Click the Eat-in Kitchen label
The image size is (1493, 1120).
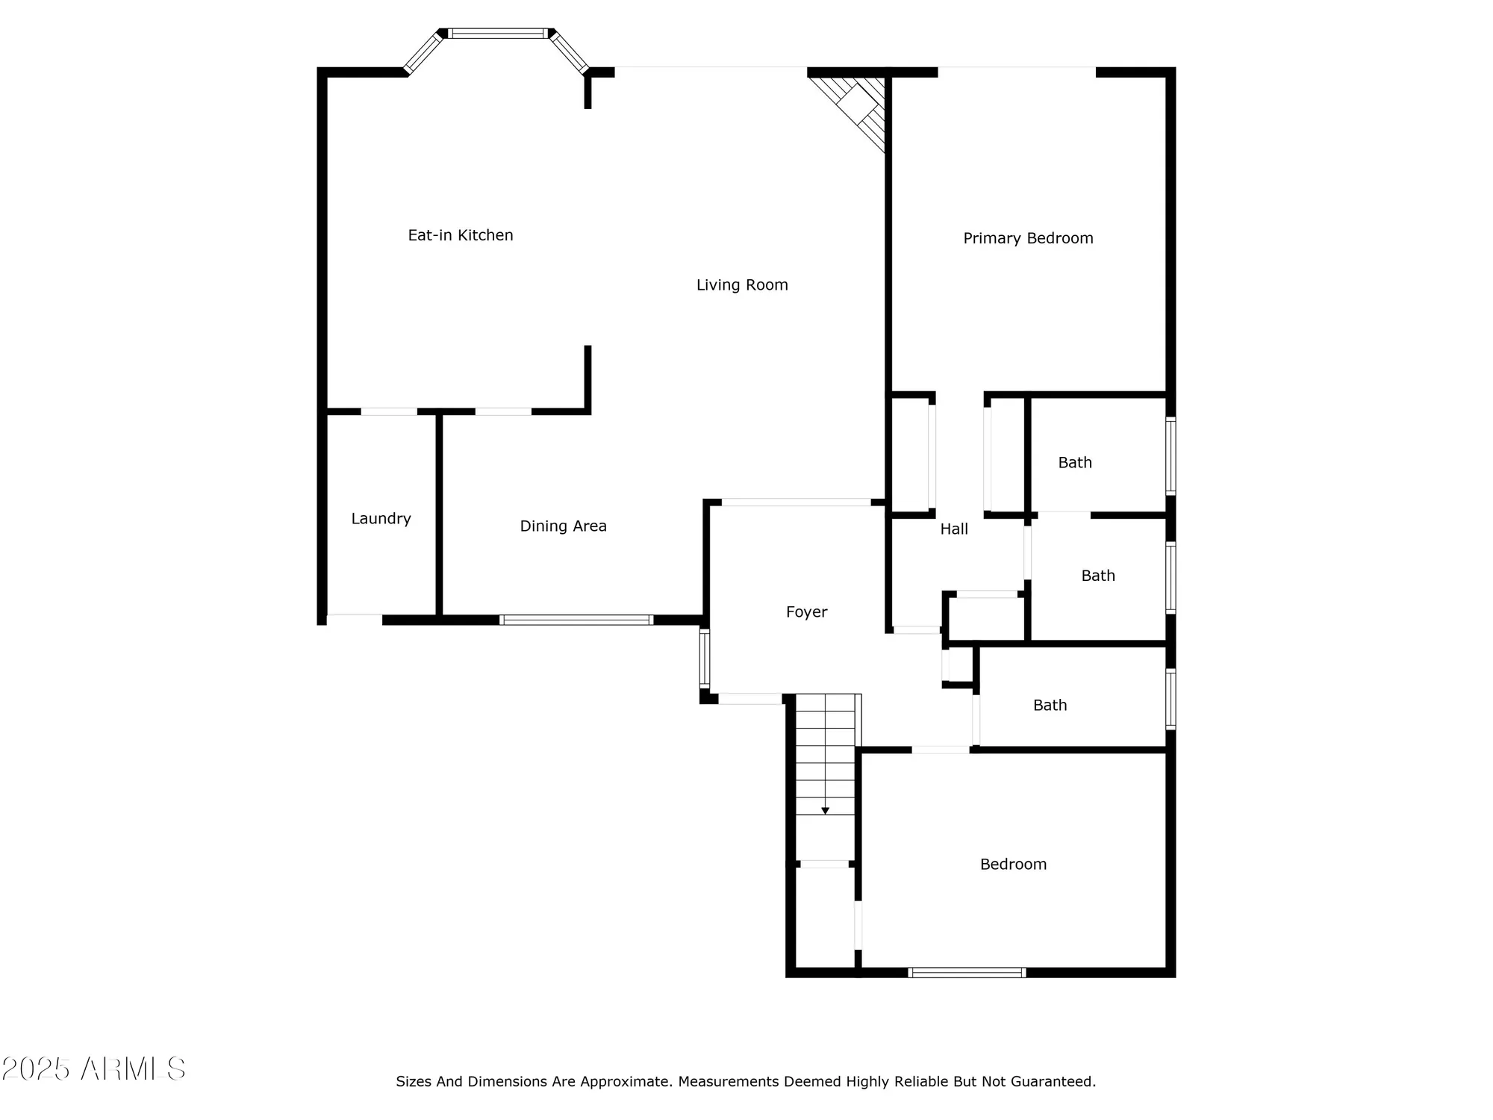461,235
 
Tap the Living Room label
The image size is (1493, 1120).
742,284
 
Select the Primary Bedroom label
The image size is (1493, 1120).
1028,238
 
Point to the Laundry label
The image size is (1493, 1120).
381,518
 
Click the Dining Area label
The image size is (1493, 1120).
563,526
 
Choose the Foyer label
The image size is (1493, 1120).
806,612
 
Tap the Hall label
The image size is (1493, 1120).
953,529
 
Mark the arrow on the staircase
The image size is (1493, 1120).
825,810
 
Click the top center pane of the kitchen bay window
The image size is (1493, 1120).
497,34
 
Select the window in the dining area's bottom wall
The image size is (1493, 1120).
576,620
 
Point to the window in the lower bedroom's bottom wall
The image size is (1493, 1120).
967,972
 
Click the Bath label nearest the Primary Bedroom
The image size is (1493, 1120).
1074,462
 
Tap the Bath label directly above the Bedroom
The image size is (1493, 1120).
1050,705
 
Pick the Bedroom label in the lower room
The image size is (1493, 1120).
1013,864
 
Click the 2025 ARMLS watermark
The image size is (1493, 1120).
93,1069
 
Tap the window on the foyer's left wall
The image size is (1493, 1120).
704,657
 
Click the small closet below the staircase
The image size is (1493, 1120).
825,918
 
